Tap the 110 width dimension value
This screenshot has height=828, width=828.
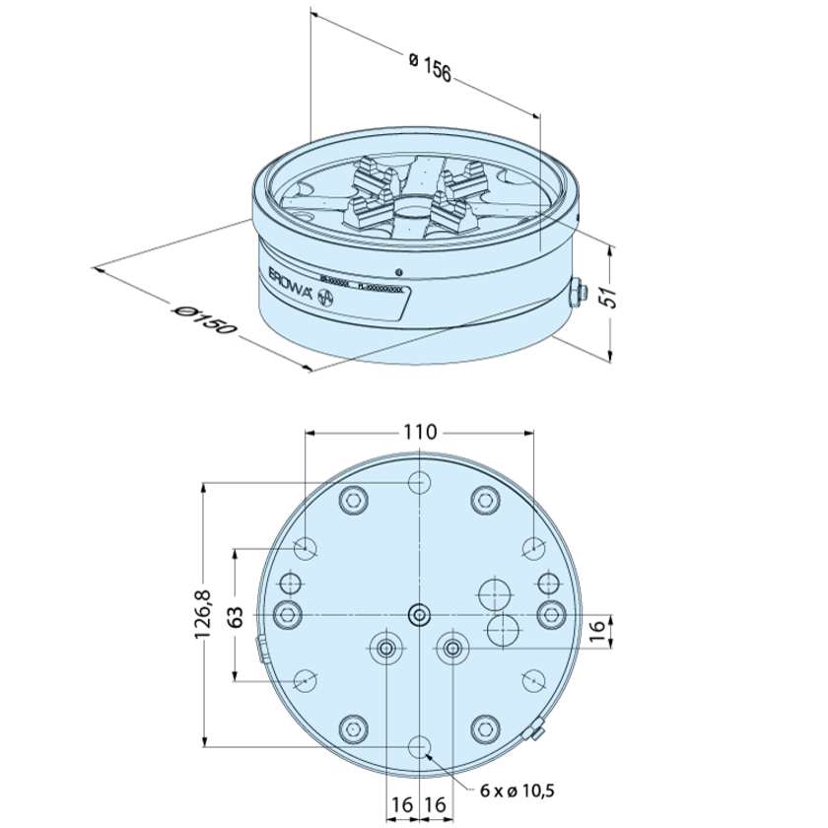tap(420, 432)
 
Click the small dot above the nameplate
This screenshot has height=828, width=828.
tap(396, 272)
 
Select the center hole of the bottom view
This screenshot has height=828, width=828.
tap(420, 615)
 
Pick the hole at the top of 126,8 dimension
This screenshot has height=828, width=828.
tap(420, 482)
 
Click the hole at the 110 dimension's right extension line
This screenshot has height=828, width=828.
tap(533, 548)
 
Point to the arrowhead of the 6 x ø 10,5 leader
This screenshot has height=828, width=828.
tap(429, 757)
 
